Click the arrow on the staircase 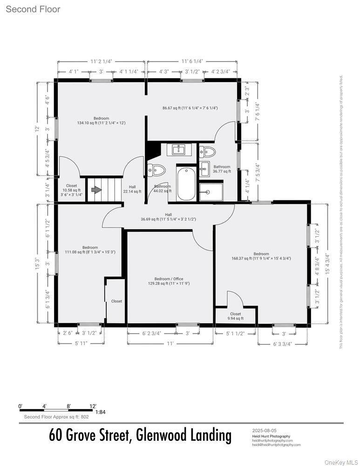click(96, 190)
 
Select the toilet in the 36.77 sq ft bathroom click(207, 151)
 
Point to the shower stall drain click(208, 192)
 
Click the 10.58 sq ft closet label click(71, 190)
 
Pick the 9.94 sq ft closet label click(236, 318)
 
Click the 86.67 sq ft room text click(190, 108)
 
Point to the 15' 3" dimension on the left click(37, 264)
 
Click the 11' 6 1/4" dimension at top click(192, 61)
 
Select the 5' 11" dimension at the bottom click(81, 343)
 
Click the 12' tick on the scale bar click(93, 406)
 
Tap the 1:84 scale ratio click(100, 412)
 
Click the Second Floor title click(33, 9)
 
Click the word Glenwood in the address click(161, 436)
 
